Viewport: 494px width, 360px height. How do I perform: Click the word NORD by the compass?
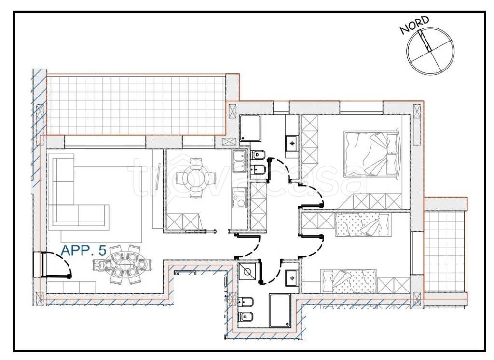pos(414,25)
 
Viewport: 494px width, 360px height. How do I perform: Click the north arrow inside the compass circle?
pos(425,41)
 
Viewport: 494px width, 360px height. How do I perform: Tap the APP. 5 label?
pos(83,250)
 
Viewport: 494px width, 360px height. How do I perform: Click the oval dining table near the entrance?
pos(123,264)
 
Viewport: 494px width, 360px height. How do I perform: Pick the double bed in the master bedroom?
pos(372,153)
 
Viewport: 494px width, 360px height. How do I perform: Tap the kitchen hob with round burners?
pos(239,198)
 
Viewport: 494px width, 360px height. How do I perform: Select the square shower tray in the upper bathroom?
pos(250,128)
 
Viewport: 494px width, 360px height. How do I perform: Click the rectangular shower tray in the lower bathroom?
pos(280,310)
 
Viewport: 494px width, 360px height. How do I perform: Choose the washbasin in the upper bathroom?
pos(292,143)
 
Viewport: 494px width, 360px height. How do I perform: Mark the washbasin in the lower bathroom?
pos(292,278)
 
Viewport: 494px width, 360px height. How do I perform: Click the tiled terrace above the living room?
pos(136,105)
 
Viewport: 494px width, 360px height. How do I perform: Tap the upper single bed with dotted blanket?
pos(362,225)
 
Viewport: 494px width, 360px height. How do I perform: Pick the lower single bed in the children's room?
pos(349,281)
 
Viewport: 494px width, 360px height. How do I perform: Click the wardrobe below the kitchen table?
pos(184,221)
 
